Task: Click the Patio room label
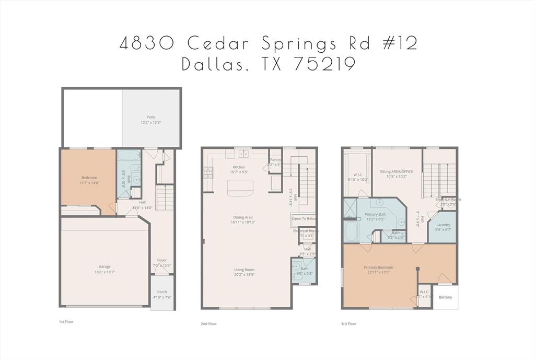150,117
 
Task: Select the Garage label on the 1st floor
104,266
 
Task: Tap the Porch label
162,292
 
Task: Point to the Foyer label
162,260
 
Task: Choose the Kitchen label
239,167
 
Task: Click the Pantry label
275,159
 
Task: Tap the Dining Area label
243,217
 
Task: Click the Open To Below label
304,219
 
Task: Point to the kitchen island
240,189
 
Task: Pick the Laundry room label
443,225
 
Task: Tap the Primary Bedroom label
378,268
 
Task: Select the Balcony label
445,297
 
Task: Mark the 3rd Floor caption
348,323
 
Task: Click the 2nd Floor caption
208,323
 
